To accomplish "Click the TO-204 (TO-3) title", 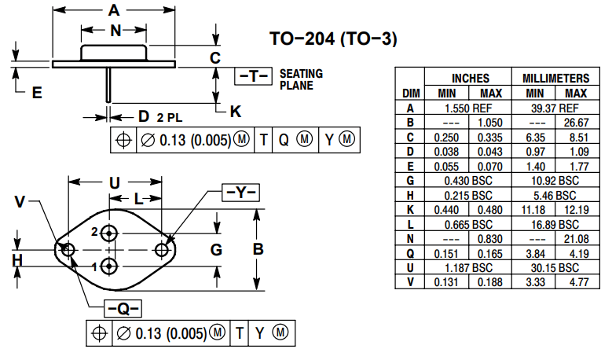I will coord(332,39).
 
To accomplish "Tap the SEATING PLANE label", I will coord(301,79).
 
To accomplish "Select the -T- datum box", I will coord(254,76).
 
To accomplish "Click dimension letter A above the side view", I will coord(115,11).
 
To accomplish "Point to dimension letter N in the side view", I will coord(115,31).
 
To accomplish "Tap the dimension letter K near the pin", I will coord(235,110).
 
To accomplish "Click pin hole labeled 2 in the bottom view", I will coord(108,233).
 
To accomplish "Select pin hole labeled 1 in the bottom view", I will coord(108,266).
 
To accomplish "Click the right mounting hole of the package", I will coord(163,250).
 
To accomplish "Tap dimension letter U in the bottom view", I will coord(115,182).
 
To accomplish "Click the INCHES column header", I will coord(470,79).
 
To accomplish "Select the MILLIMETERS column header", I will coord(555,79).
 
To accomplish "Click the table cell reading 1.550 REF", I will coord(470,108).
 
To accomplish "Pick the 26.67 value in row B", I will coord(576,123).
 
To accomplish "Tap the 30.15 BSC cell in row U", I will coord(555,268).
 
